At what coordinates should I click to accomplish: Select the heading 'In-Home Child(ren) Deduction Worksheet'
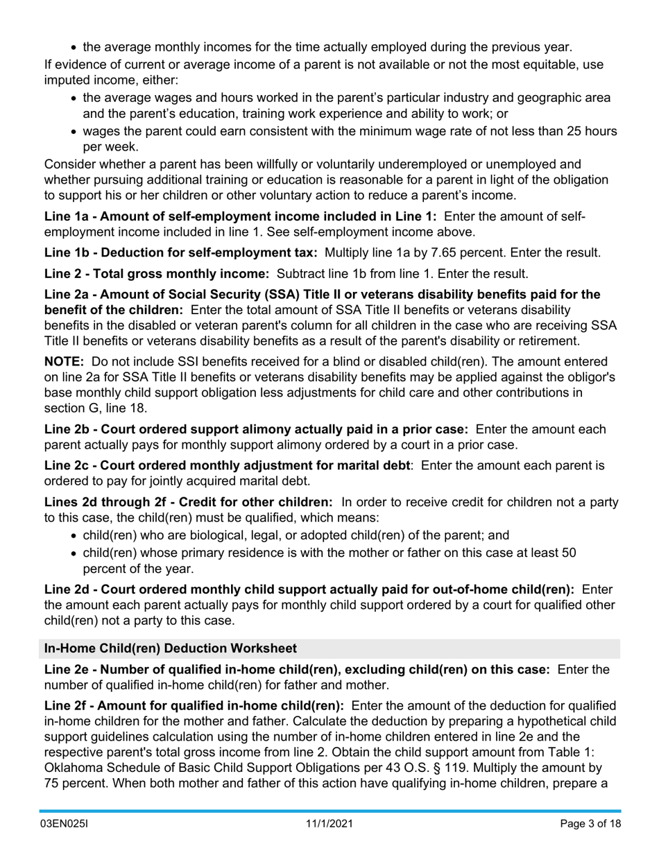170,648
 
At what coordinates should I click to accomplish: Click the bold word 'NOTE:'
64,361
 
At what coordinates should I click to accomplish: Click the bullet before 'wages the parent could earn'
74,132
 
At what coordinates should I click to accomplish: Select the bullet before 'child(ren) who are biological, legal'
74,536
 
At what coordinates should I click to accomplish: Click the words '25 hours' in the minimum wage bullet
594,131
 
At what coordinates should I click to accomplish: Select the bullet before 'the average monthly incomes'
74,48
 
